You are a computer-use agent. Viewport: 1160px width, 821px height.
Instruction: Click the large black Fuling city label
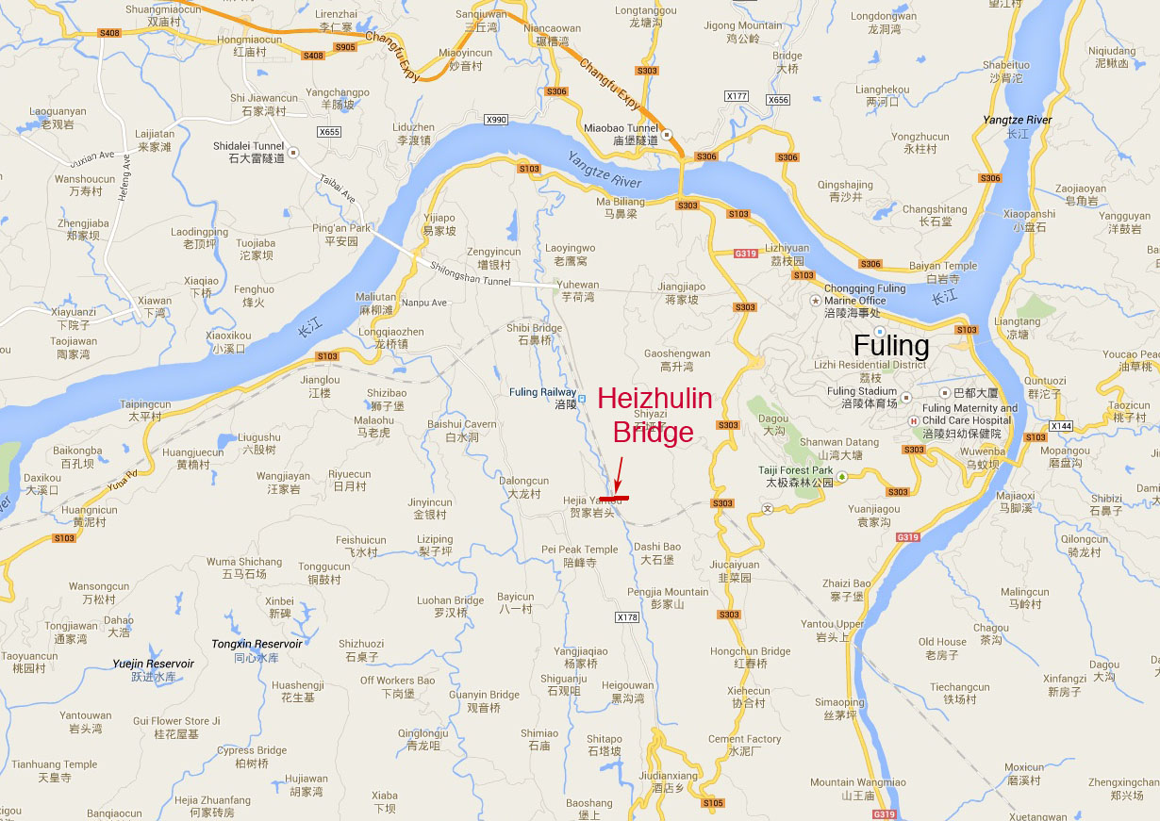pos(891,346)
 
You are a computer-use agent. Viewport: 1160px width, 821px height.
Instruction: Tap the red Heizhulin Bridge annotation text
pos(655,415)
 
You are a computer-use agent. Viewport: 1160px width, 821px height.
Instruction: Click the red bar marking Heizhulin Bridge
pos(614,497)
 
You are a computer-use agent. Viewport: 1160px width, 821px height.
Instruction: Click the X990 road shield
pos(495,120)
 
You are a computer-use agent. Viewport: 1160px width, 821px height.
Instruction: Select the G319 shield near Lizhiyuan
pos(746,253)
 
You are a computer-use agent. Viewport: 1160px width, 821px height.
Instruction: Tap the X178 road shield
pos(626,617)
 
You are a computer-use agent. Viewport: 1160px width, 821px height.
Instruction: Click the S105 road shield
pos(713,803)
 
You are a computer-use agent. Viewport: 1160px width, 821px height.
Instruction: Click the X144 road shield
pos(1061,426)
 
